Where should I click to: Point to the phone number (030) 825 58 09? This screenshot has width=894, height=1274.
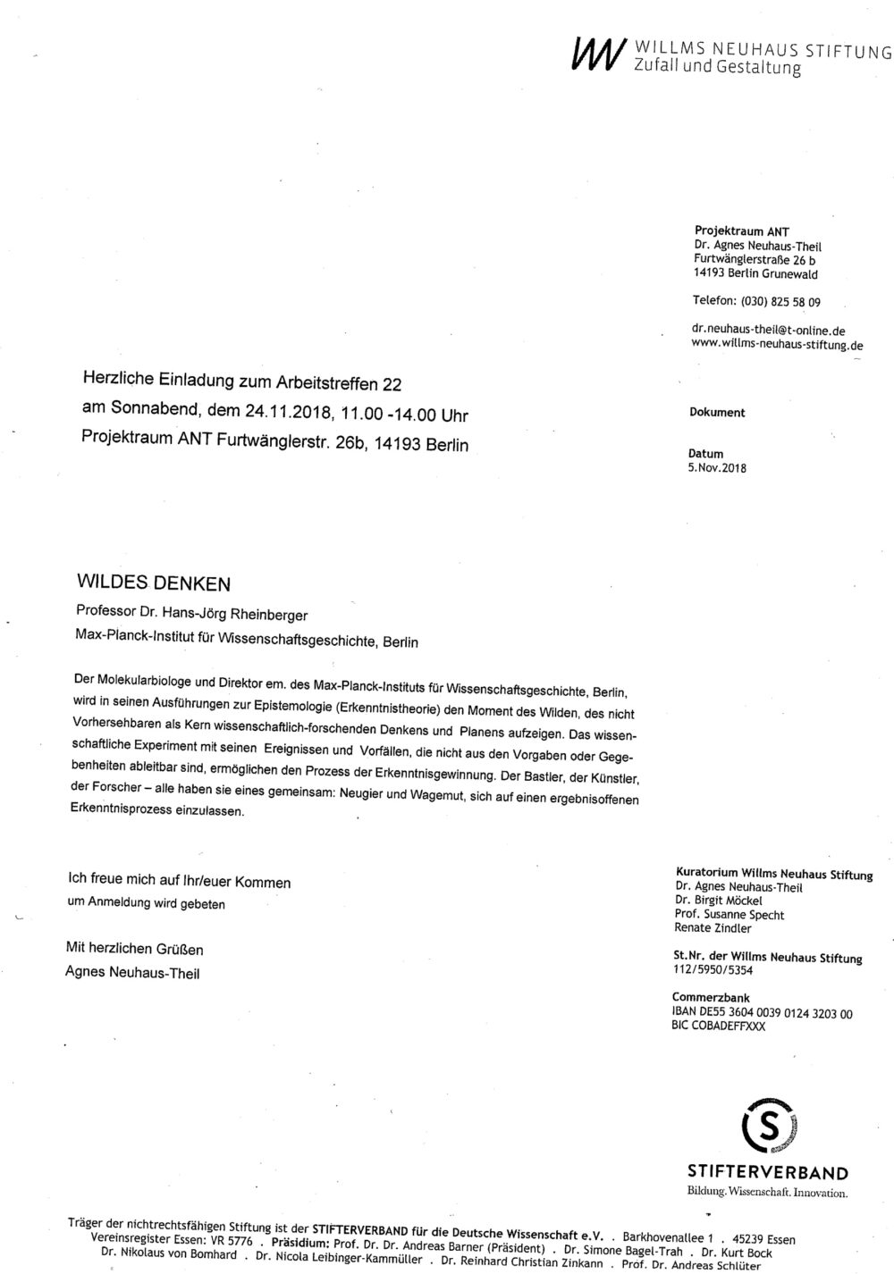tap(781, 301)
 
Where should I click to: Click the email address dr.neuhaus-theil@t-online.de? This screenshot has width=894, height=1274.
tap(763, 331)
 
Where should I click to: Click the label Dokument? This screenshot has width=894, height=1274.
tap(717, 413)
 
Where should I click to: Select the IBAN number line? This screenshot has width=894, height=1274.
tap(763, 1013)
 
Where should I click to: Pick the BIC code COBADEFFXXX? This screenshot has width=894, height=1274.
tap(718, 1026)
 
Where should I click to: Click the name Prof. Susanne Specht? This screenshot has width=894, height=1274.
tap(730, 915)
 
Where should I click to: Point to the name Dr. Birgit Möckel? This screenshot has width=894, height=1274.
tap(719, 901)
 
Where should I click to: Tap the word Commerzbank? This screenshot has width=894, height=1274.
tap(711, 998)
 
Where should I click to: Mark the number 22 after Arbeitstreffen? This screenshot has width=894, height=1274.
tap(392, 385)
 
